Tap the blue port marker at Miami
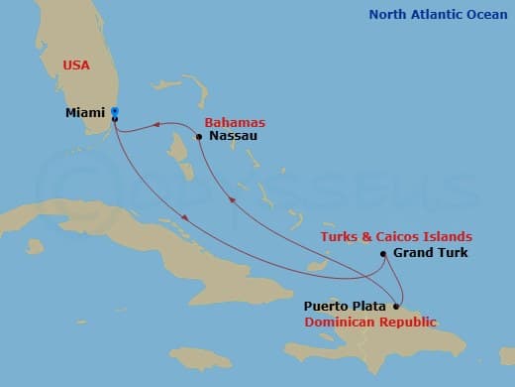(115, 111)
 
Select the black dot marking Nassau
(199, 136)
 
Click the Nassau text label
(234, 136)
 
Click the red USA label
(75, 64)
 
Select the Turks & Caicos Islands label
(395, 236)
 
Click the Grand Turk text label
(431, 254)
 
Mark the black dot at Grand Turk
(383, 254)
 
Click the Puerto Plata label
(346, 307)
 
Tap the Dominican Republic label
(370, 322)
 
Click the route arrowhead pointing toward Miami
(155, 125)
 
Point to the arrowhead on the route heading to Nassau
(233, 200)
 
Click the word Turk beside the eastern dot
(451, 254)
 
